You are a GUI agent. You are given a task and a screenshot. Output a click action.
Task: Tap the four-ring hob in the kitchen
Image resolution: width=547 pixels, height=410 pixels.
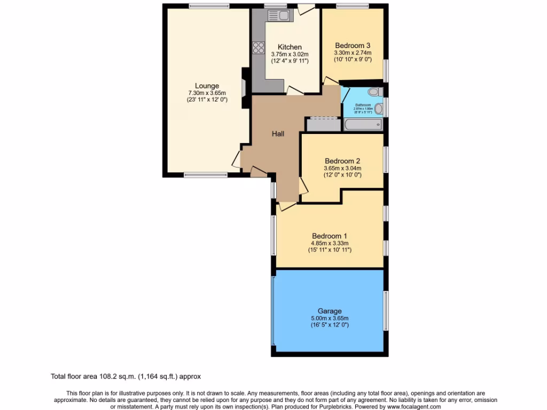pyautogui.click(x=259, y=48)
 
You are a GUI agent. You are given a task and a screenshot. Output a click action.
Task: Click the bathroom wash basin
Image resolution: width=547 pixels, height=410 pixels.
pyautogui.click(x=379, y=109)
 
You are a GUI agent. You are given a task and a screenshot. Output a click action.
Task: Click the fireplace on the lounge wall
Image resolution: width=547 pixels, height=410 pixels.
pyautogui.click(x=245, y=88)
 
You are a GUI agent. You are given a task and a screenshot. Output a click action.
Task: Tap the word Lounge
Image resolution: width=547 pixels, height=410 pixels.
pyautogui.click(x=207, y=86)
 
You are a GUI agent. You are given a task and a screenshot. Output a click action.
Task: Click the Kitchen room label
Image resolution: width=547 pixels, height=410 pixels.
pyautogui.click(x=290, y=47)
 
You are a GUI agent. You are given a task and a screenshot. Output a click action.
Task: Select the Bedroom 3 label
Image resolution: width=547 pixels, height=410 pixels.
pyautogui.click(x=353, y=45)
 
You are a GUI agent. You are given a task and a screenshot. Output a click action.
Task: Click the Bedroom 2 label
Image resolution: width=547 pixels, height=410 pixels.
pyautogui.click(x=342, y=161)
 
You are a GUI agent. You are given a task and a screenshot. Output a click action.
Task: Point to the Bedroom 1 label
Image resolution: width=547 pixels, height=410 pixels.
pyautogui.click(x=330, y=236)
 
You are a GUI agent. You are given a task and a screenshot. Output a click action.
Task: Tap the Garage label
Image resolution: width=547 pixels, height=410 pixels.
pyautogui.click(x=330, y=311)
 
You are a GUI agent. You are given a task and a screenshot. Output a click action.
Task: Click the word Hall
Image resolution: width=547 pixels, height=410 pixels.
pyautogui.click(x=278, y=134)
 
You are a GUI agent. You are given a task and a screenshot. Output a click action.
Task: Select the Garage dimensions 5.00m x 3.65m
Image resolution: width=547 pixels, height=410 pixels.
pyautogui.click(x=330, y=318)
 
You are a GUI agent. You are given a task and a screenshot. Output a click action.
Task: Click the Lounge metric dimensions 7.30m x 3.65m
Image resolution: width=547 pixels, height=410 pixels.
pyautogui.click(x=207, y=93)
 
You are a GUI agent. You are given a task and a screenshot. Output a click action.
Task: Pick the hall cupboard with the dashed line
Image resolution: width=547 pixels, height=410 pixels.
pyautogui.click(x=323, y=124)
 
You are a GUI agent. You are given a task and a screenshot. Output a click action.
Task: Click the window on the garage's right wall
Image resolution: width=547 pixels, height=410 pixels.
pyautogui.click(x=386, y=310)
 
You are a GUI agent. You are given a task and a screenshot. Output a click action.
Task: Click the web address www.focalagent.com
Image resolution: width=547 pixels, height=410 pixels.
pyautogui.click(x=410, y=407)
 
